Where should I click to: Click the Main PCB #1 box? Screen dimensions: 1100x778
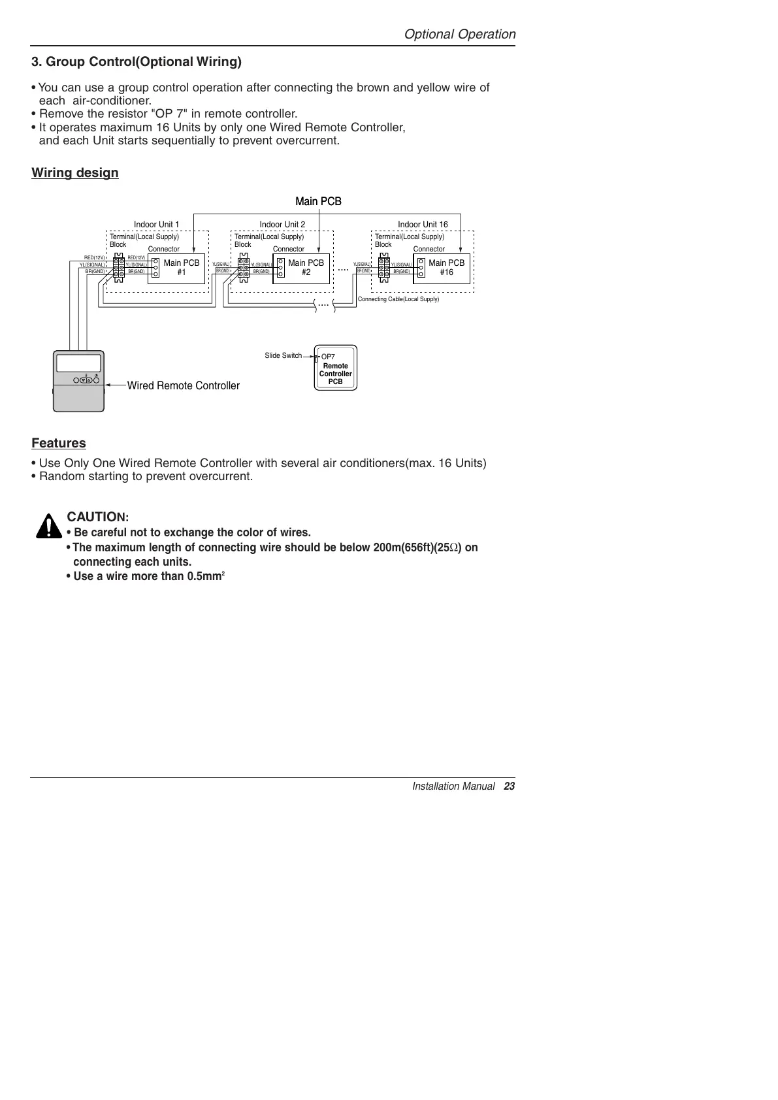pos(177,268)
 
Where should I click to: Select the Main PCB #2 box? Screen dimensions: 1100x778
pos(302,268)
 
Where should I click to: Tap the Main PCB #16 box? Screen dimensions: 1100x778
pos(442,268)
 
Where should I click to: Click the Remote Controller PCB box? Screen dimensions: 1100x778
pos(336,369)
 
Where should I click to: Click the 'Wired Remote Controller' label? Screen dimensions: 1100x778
pos(183,385)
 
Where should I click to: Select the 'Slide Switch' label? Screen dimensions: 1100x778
pos(283,355)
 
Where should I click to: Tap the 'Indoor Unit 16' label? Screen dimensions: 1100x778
pos(423,224)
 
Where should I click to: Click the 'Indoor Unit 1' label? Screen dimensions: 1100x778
pos(156,224)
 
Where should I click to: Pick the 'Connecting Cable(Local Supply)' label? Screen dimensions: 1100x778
pos(398,299)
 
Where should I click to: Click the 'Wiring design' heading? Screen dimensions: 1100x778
pos(75,172)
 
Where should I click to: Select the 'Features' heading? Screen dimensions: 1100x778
pos(59,443)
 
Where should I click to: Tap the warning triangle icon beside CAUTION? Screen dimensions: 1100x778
pos(48,526)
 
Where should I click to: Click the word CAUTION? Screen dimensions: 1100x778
pos(97,517)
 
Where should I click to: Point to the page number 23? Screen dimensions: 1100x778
pos(510,786)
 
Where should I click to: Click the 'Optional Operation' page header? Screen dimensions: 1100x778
pos(459,34)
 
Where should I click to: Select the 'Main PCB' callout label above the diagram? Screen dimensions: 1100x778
pos(318,201)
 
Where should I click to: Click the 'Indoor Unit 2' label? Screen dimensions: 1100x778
pos(282,224)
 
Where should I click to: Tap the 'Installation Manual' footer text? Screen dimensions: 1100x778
pos(453,786)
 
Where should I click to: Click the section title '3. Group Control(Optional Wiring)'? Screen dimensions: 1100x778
pos(137,62)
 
